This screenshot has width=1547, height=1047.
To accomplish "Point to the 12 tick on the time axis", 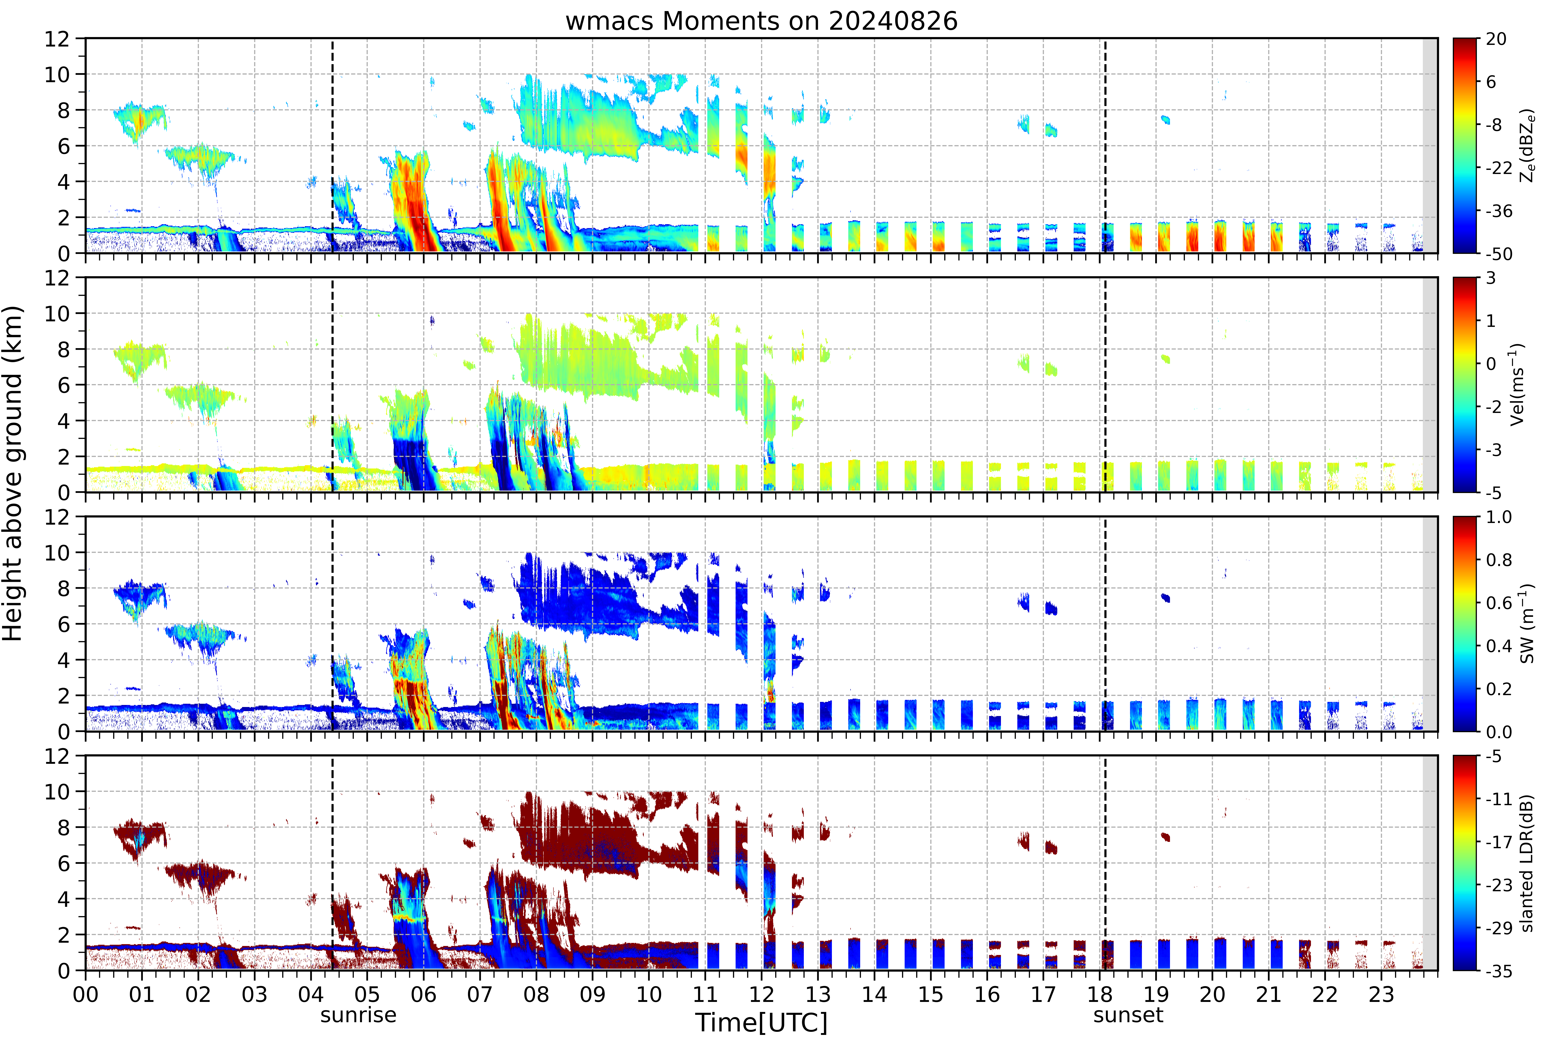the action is click(762, 994).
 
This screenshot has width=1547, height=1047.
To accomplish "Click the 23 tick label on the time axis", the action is click(1381, 994).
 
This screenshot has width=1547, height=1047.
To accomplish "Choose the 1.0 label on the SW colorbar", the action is click(1499, 517).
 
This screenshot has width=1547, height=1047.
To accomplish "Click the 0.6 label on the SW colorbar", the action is click(1499, 603).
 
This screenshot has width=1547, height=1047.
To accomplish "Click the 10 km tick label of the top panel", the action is click(57, 75).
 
